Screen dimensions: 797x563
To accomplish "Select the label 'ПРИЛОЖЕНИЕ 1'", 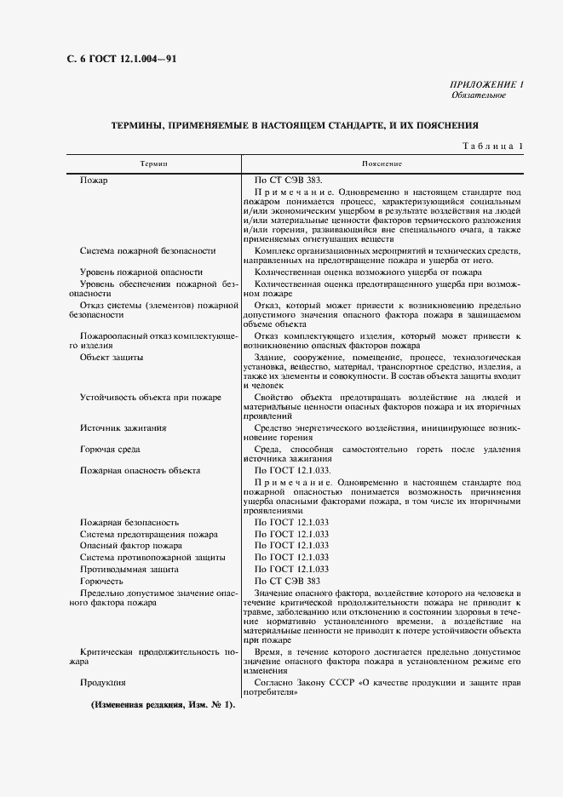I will pyautogui.click(x=485, y=84).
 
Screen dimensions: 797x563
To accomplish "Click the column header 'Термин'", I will pyautogui.click(x=154, y=163).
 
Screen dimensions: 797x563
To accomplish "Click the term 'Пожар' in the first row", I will pyautogui.click(x=94, y=181).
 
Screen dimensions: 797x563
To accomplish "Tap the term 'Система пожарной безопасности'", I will pyautogui.click(x=147, y=250).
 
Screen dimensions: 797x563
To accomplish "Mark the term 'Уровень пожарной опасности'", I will pyautogui.click(x=141, y=271).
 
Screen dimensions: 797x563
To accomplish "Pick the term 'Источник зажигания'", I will pyautogui.click(x=123, y=427).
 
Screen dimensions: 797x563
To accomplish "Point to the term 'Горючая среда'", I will pyautogui.click(x=110, y=449).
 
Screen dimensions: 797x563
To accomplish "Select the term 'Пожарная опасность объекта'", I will pyautogui.click(x=140, y=470).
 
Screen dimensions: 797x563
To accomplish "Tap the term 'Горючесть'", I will pyautogui.click(x=101, y=580).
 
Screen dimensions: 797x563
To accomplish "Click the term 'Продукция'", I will pyautogui.click(x=102, y=682).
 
